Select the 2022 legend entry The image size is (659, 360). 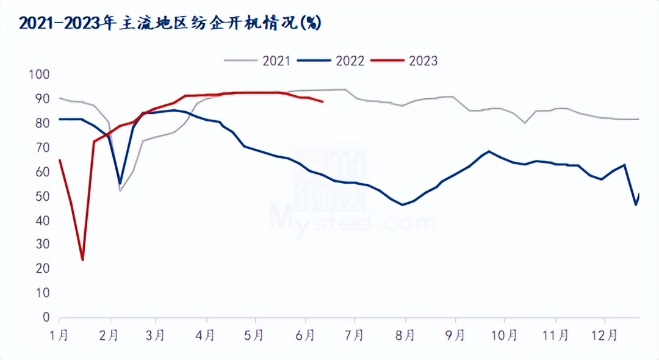pos(350,61)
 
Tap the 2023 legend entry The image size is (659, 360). pos(423,61)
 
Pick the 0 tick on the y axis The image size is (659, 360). pos(46,317)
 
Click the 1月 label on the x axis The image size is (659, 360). pos(60,336)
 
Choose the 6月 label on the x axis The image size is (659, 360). pos(306,336)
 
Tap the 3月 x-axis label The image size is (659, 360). pos(156,336)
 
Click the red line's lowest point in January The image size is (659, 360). pos(82,260)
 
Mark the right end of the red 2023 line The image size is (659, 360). pos(323,102)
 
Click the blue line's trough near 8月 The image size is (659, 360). pos(403,204)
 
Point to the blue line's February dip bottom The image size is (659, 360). pos(120,184)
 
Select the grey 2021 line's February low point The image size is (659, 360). pos(120,191)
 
